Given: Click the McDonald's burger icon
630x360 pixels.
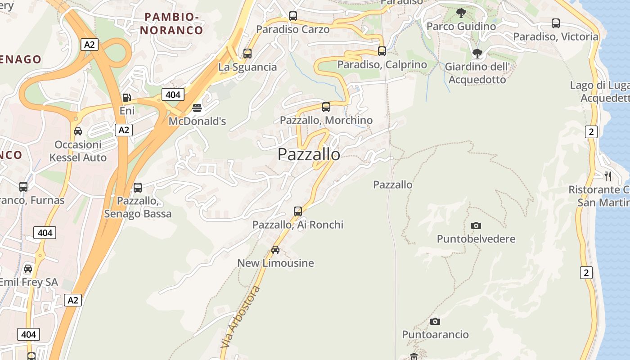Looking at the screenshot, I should (197, 108).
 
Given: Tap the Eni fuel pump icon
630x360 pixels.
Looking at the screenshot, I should (127, 98).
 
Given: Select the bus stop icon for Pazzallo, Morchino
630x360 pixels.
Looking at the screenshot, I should (326, 107).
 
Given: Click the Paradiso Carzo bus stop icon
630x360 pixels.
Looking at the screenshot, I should (293, 16).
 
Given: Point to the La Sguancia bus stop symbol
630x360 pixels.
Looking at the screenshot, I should (247, 54).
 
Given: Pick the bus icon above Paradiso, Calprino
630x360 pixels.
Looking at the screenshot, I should (382, 51).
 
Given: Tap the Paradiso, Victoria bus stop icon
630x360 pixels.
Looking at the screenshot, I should (556, 23).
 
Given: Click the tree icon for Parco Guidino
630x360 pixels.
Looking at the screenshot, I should (461, 13).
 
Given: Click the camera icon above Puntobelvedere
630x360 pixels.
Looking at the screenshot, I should (476, 225).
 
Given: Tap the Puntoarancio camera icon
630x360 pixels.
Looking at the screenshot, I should (435, 321).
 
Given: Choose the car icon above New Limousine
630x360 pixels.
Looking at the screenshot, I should (275, 250).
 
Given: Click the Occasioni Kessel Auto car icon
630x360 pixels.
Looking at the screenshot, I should (78, 131).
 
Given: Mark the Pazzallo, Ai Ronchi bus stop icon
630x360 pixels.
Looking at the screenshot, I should (298, 211).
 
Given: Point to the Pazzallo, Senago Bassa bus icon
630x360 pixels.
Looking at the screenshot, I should (138, 188).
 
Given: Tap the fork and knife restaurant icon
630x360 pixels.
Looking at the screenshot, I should (608, 176).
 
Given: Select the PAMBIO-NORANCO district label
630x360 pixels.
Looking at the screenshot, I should (171, 24).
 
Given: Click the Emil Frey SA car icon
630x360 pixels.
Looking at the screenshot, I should (28, 269).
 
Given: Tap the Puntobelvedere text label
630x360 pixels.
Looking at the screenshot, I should (476, 238).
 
